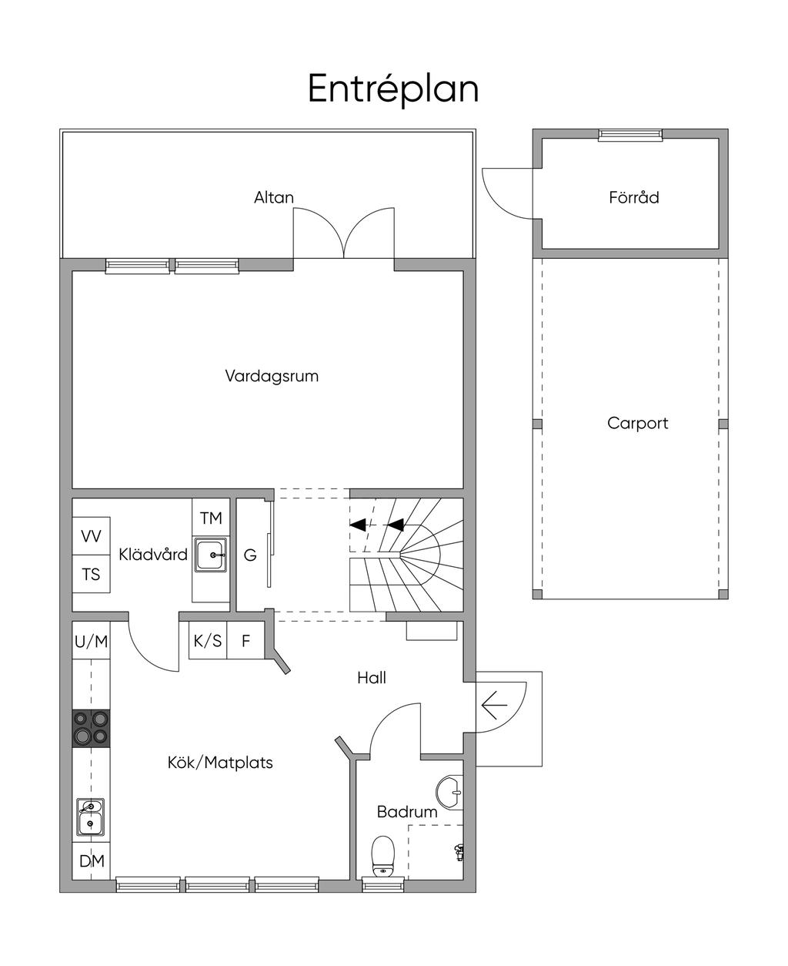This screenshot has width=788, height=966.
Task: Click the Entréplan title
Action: coord(393,89)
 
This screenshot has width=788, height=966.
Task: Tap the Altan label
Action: coord(274,197)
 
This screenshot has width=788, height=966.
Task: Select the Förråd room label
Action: coord(634,197)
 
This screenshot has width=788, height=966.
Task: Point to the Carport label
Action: coord(637,423)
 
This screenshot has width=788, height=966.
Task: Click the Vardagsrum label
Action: coord(272,376)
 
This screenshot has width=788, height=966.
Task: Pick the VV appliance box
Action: coord(91,536)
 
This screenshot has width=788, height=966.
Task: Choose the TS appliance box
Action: coord(91,574)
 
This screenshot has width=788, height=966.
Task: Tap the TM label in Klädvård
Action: coord(211,518)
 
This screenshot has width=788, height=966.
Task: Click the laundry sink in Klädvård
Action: coord(211,555)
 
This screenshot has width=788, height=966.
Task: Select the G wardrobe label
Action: coord(250,555)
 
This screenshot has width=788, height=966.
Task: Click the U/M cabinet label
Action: coord(91,642)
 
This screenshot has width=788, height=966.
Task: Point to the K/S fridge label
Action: coord(208,641)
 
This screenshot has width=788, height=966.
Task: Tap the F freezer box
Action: coord(245,640)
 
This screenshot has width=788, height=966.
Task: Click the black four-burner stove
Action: coord(91,728)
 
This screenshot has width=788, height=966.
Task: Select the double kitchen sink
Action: coord(91,817)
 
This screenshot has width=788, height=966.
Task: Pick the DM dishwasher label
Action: coord(92,861)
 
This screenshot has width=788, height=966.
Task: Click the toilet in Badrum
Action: coord(383,856)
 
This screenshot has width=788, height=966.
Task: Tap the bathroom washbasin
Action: coord(449,792)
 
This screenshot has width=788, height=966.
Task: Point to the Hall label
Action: coord(372,678)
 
